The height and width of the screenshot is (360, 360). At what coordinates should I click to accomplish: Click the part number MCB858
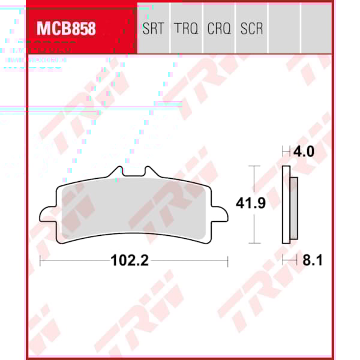pos(66,28)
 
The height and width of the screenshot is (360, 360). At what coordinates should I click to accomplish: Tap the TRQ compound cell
pos(187,28)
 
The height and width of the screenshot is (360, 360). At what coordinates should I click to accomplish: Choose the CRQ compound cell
pos(219,28)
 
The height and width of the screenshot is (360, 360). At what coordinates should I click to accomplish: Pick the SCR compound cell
pos(251,28)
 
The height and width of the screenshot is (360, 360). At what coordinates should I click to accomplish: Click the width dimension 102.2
pos(130,261)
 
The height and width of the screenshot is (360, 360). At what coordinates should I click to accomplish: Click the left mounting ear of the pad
pos(47,215)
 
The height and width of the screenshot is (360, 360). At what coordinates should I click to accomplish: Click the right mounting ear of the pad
pos(221,215)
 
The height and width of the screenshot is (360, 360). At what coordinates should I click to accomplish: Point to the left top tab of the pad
pos(116,173)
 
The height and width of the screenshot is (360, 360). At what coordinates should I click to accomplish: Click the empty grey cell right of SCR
pos(284,28)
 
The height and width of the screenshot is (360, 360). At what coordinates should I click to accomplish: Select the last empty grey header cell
pos(316,28)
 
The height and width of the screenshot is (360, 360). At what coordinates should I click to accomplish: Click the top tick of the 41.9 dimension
pos(254,166)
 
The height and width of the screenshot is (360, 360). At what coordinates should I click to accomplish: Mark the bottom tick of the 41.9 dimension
pos(254,242)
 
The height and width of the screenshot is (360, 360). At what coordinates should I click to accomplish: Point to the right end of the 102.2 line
pos(227,261)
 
